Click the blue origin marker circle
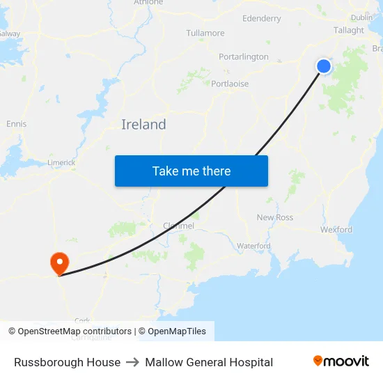pyautogui.click(x=324, y=66)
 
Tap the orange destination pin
pyautogui.click(x=59, y=263)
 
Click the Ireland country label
pyautogui.click(x=143, y=125)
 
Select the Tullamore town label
pyautogui.click(x=205, y=33)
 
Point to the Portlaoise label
pyautogui.click(x=230, y=84)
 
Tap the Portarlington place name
pyautogui.click(x=244, y=56)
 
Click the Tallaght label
pyautogui.click(x=349, y=30)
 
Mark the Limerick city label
pyautogui.click(x=61, y=162)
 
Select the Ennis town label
pyautogui.click(x=16, y=124)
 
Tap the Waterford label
pyautogui.click(x=253, y=246)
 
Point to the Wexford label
pyautogui.click(x=336, y=229)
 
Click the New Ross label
pyautogui.click(x=275, y=217)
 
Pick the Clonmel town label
pyautogui.click(x=178, y=226)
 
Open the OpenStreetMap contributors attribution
pyautogui.click(x=75, y=331)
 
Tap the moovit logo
pyautogui.click(x=341, y=361)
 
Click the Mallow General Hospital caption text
pyautogui.click(x=209, y=362)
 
